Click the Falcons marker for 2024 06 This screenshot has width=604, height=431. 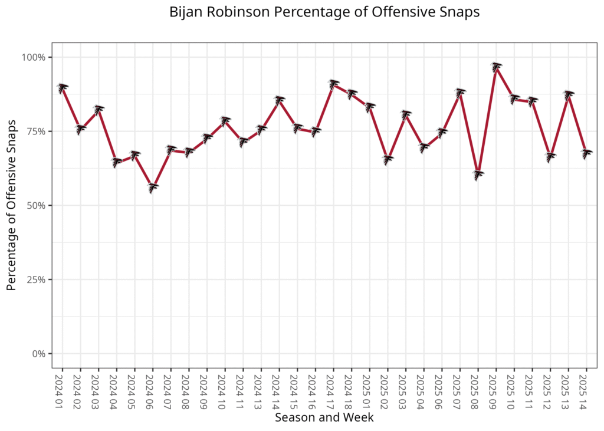(x=153, y=187)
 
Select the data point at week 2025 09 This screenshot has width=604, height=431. (x=497, y=67)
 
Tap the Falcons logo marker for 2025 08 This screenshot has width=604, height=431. (x=478, y=175)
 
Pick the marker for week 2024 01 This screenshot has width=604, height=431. (x=63, y=88)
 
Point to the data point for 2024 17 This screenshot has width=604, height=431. (x=334, y=84)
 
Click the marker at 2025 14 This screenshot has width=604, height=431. (x=586, y=154)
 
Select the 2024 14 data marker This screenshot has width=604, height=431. (x=280, y=100)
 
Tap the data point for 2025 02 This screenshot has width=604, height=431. (x=388, y=159)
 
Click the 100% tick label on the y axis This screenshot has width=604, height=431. (x=34, y=57)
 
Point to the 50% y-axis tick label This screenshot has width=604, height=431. (x=37, y=206)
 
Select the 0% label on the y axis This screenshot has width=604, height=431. (x=39, y=354)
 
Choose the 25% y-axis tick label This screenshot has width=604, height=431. (x=37, y=279)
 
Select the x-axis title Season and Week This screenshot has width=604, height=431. (x=324, y=417)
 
